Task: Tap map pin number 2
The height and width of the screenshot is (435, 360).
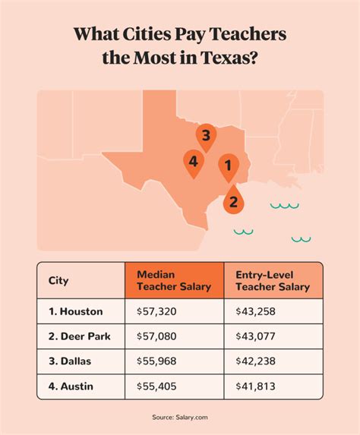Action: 233,201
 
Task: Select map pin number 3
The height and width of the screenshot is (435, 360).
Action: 204,136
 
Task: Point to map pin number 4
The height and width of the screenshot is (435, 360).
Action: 194,162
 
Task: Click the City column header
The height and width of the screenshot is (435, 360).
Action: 58,281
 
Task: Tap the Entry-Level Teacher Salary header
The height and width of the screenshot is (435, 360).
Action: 273,280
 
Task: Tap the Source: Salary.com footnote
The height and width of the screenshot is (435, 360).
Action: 180,417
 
